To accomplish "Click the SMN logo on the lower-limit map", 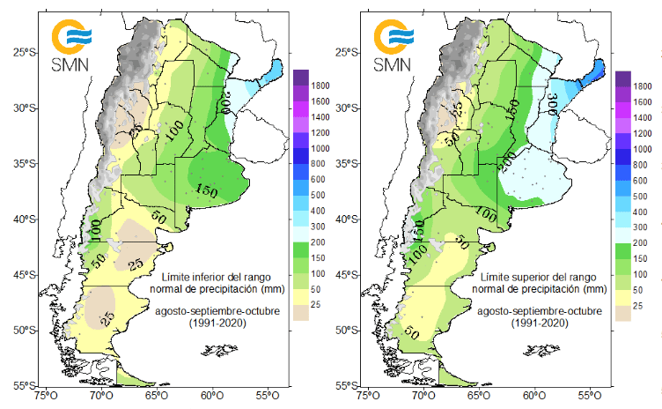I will tap(71, 45).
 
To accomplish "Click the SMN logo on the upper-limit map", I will tap(393, 45).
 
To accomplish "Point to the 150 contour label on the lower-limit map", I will tap(207, 191).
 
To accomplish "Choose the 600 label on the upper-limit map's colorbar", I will tap(642, 181).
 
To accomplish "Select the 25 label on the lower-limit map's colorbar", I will tap(317, 306).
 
